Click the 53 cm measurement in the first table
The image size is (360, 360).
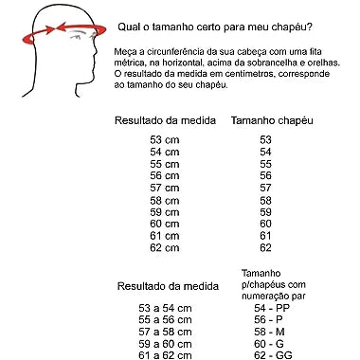(164, 139)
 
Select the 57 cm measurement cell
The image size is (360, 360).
(164, 188)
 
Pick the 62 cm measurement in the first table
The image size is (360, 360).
(164, 247)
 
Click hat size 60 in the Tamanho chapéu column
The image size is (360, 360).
(265, 224)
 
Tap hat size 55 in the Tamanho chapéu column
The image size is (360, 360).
(265, 164)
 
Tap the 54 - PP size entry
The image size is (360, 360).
(272, 309)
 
